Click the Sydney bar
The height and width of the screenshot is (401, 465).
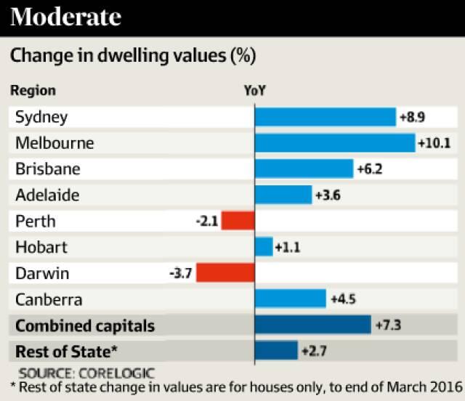point(325,116)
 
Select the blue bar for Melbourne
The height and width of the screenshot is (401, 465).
point(334,142)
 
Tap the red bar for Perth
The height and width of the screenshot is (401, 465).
point(238,221)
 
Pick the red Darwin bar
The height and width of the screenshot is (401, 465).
point(225,273)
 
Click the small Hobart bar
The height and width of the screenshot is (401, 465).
point(264,247)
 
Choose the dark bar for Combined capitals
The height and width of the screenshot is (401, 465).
point(312,325)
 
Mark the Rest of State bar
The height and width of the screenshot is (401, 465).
point(276,351)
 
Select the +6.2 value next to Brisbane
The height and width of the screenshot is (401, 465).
point(369,169)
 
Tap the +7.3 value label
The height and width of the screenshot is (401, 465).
point(387,325)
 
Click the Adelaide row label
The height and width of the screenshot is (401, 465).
point(47,195)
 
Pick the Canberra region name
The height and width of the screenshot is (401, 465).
point(49,299)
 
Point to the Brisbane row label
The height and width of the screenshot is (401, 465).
point(47,169)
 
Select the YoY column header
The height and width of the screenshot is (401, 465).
point(254,91)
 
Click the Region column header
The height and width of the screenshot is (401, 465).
point(32,91)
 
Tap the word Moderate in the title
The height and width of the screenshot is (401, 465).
point(66,17)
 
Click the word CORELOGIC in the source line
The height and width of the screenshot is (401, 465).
point(118,372)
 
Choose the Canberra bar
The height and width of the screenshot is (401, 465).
point(290,299)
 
